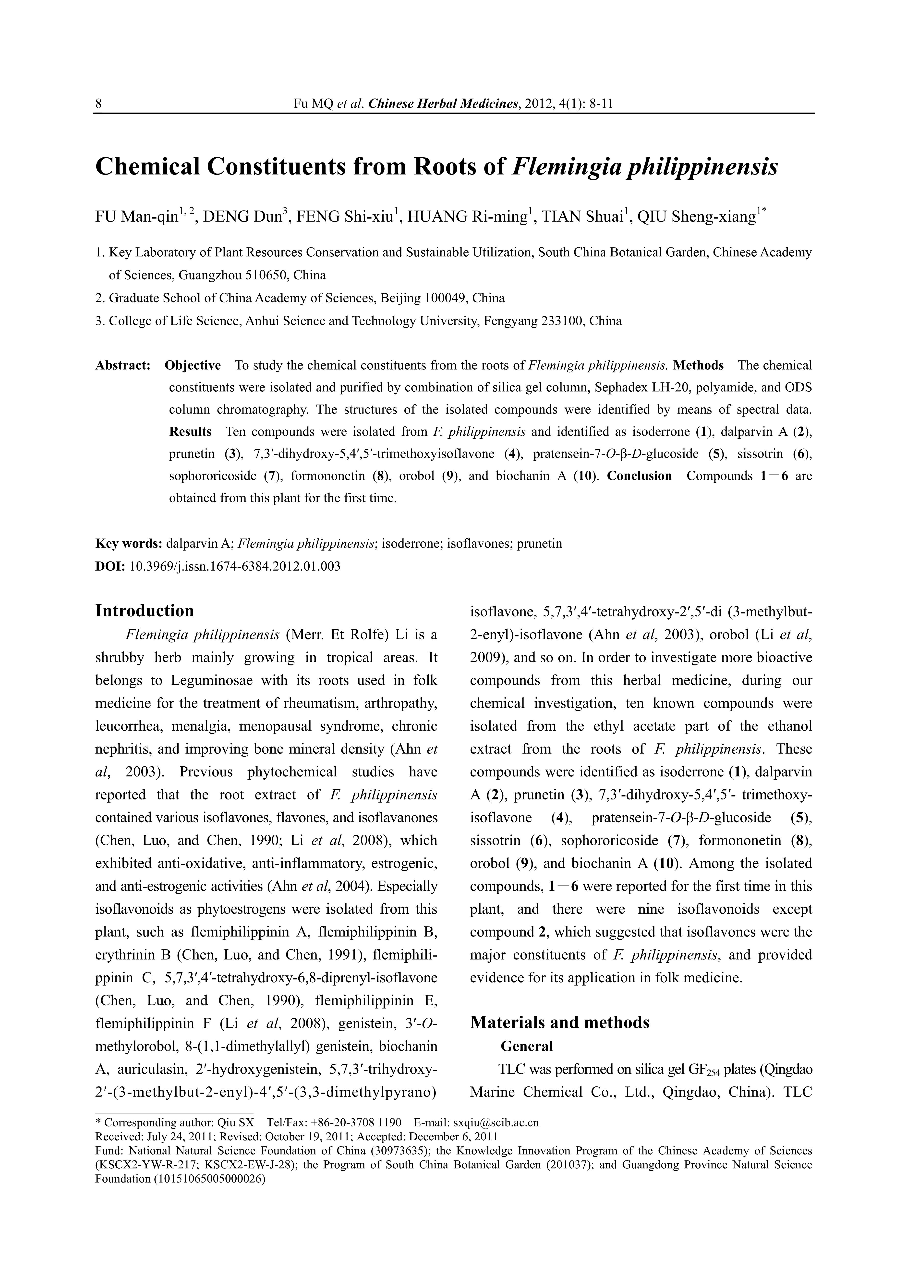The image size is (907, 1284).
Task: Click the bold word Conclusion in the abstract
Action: [639, 476]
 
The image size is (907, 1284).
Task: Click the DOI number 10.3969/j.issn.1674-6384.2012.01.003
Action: [235, 566]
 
